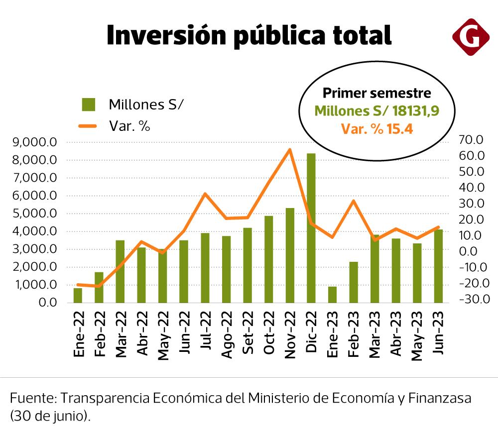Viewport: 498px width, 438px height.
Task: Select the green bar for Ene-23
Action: (332, 295)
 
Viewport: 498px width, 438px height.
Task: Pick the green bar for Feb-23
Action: (353, 282)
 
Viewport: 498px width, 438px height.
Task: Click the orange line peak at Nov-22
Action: (290, 149)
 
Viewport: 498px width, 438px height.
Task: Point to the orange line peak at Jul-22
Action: (205, 194)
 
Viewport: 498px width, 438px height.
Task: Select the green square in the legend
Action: (89, 105)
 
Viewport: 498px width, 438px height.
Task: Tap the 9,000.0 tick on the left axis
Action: (38, 142)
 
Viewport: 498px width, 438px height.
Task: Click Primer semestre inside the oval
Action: (377, 93)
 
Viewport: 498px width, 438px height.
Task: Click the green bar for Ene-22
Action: (78, 295)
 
